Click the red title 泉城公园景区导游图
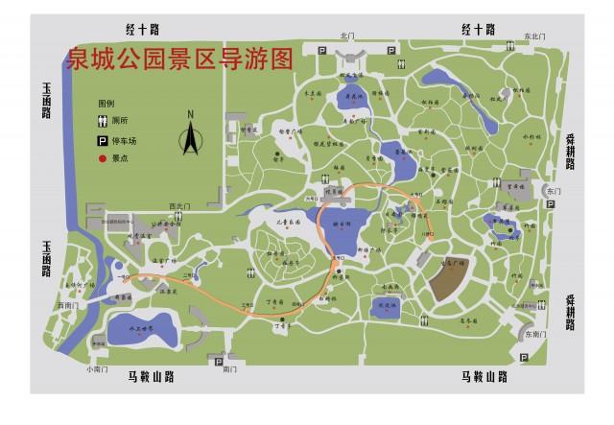[x=178, y=59]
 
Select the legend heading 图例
[x=106, y=103]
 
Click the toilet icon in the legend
[x=101, y=122]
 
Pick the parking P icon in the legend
[x=101, y=140]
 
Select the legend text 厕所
[x=120, y=122]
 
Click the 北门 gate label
[x=346, y=35]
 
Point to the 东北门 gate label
[x=535, y=35]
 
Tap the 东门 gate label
[x=553, y=191]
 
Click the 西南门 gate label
[x=63, y=305]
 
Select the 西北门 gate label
[x=177, y=205]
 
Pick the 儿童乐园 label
[x=288, y=224]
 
